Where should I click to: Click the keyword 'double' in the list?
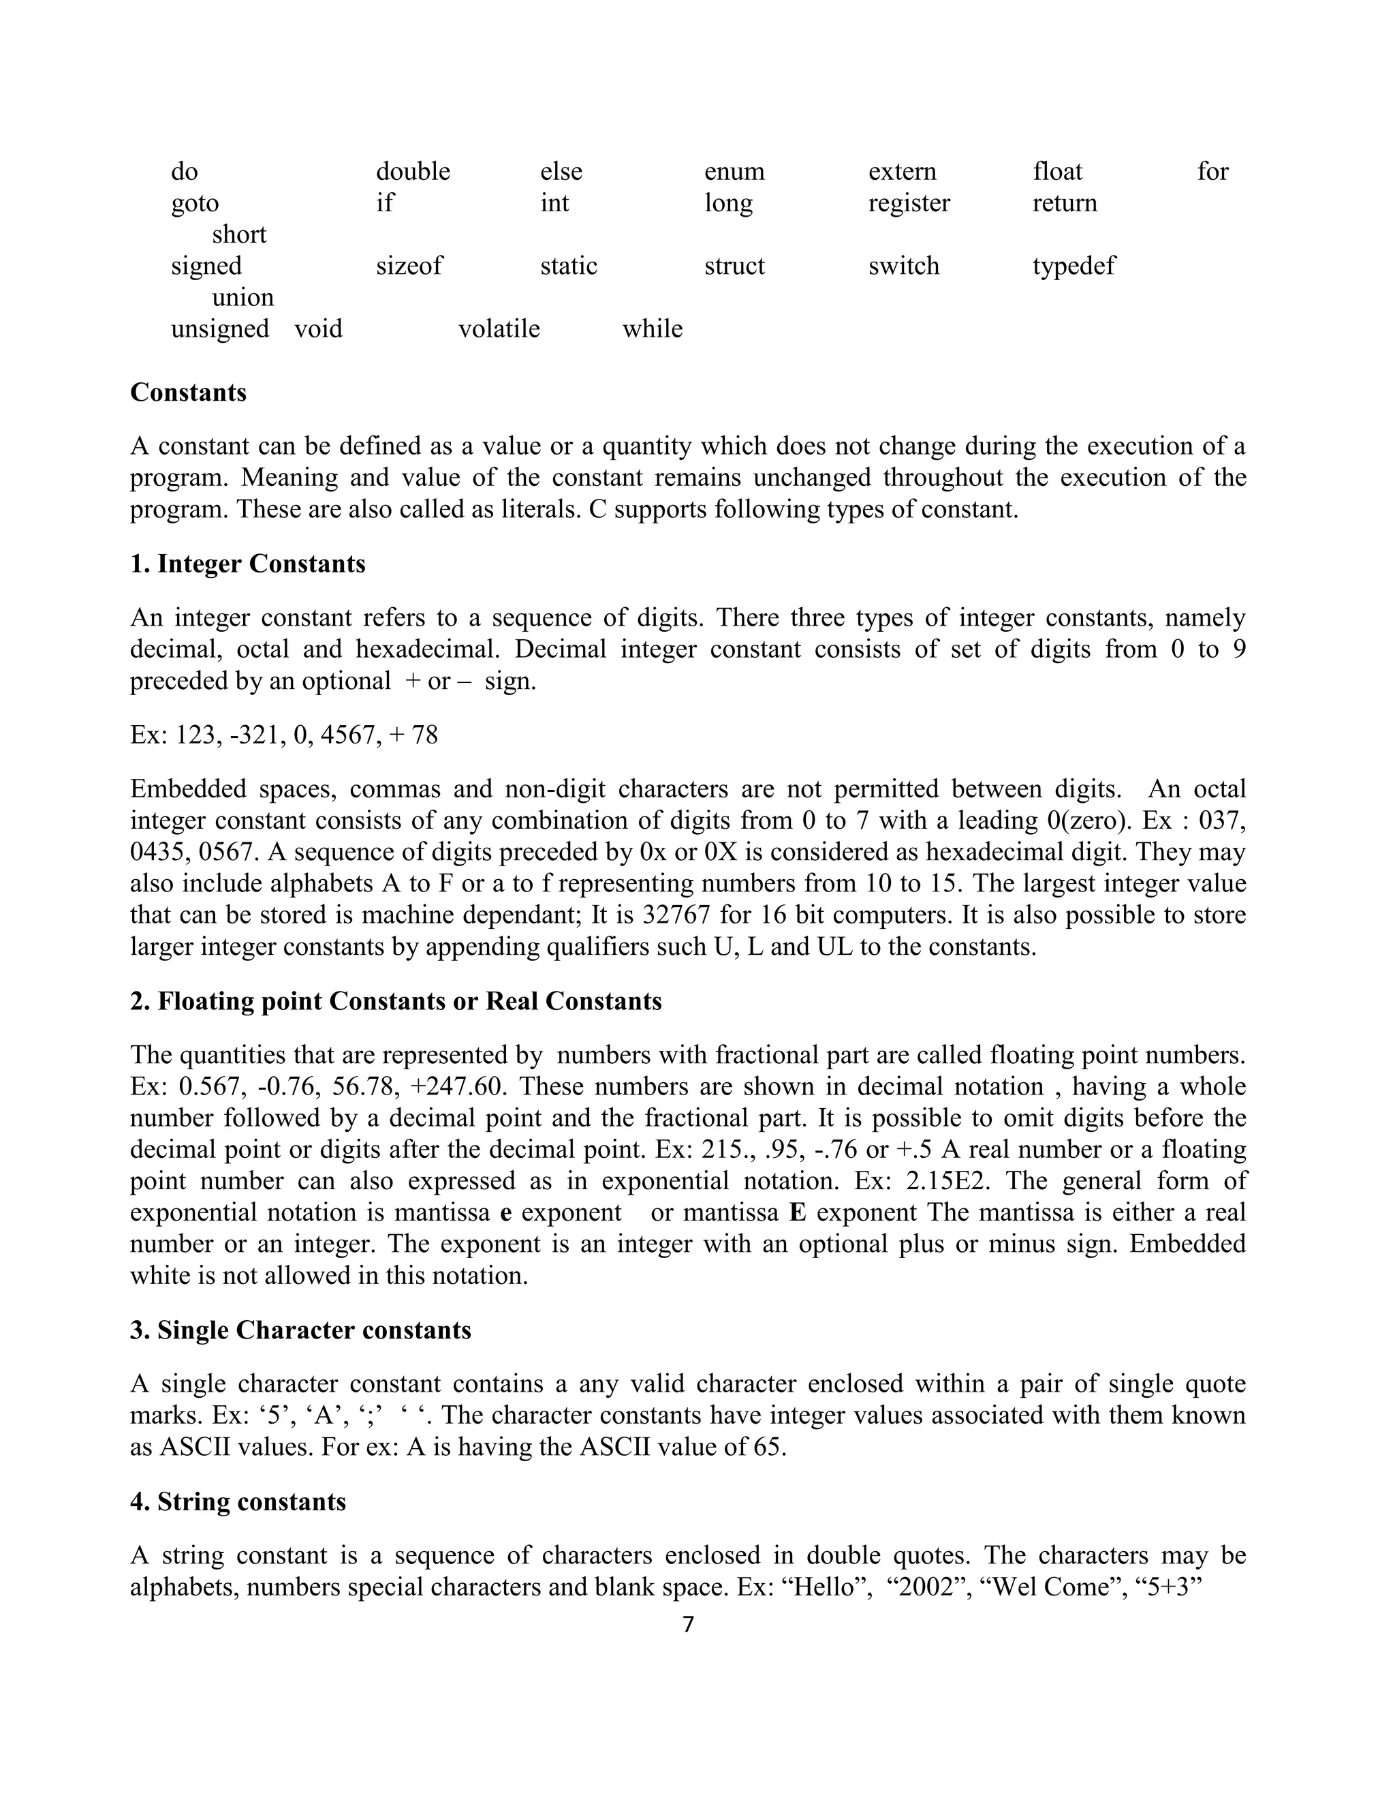(412, 172)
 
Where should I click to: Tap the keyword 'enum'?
(734, 172)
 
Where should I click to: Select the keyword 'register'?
(909, 203)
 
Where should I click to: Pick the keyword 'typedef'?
(1073, 266)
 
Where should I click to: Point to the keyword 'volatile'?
(499, 329)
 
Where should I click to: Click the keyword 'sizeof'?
(409, 266)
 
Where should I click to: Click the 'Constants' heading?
(189, 392)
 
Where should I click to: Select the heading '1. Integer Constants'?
(248, 564)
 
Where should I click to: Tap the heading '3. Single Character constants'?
(301, 1330)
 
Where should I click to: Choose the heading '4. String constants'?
(238, 1501)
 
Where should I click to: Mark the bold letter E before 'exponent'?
(798, 1213)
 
